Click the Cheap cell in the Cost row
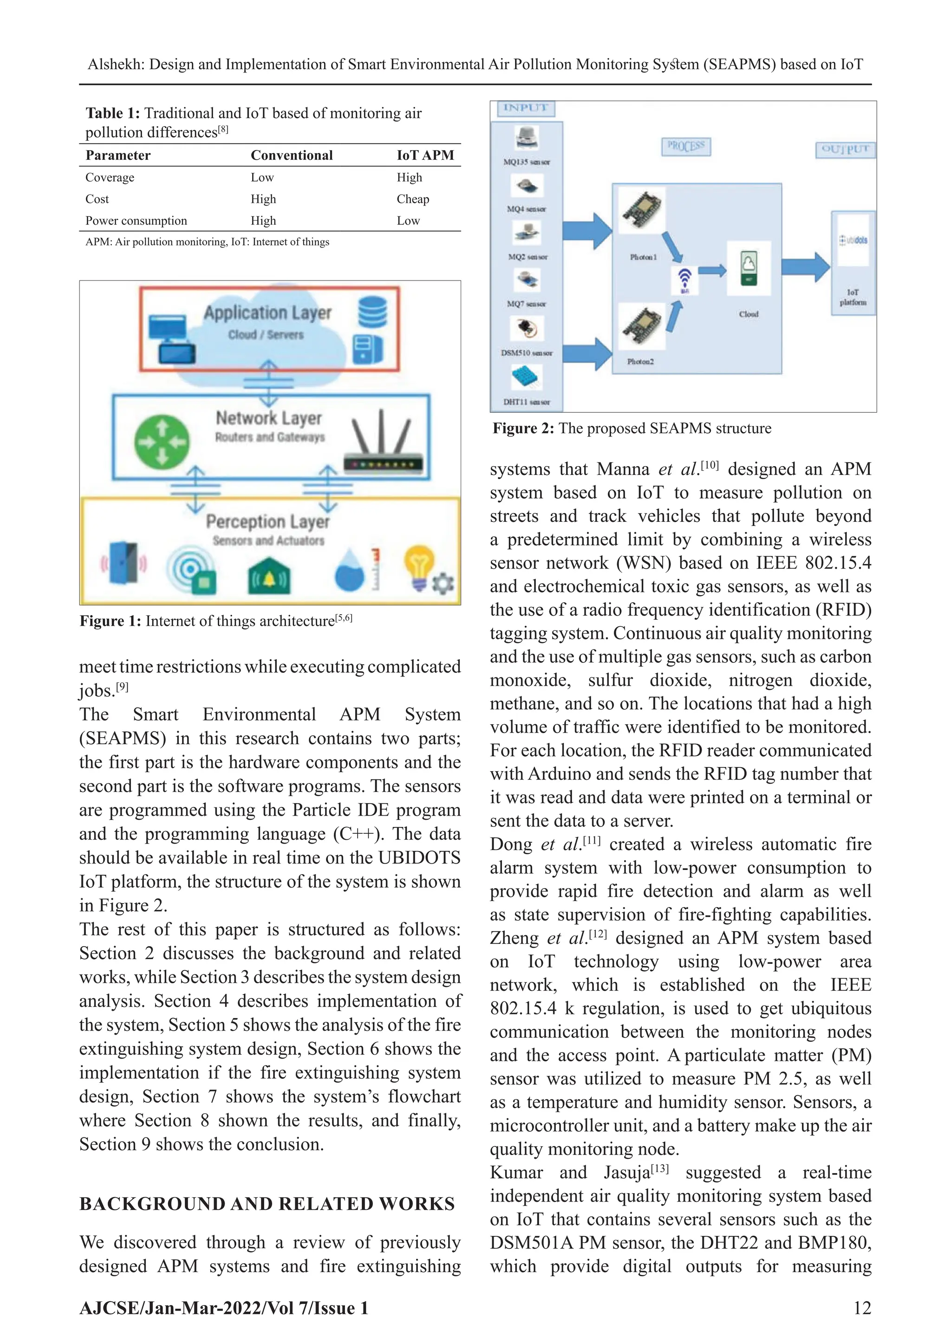(x=413, y=199)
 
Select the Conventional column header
(x=292, y=155)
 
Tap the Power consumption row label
(x=137, y=221)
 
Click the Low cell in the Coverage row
(x=262, y=177)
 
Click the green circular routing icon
(x=162, y=442)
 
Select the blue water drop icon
(x=350, y=570)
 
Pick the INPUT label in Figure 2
(x=525, y=108)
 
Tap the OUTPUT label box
(x=845, y=150)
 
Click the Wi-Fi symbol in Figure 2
(x=684, y=279)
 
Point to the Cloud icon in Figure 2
(x=749, y=267)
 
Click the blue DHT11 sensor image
(x=527, y=377)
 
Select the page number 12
(x=862, y=1308)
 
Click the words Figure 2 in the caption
(x=522, y=429)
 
